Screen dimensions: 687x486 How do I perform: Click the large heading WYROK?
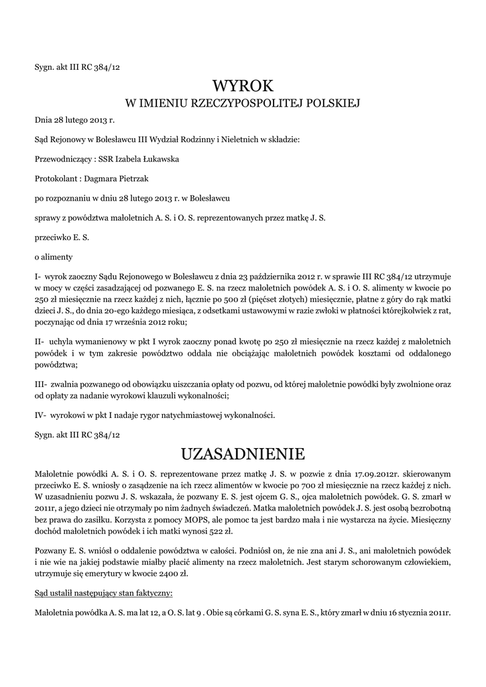(x=243, y=85)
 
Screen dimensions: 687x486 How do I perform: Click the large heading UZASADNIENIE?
(x=243, y=454)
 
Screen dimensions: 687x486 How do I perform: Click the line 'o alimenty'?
(x=54, y=257)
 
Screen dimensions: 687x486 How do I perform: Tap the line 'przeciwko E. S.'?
(x=62, y=237)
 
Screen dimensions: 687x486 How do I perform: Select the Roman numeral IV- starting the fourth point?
(x=41, y=415)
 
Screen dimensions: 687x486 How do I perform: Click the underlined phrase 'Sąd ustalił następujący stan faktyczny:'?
(x=103, y=594)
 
